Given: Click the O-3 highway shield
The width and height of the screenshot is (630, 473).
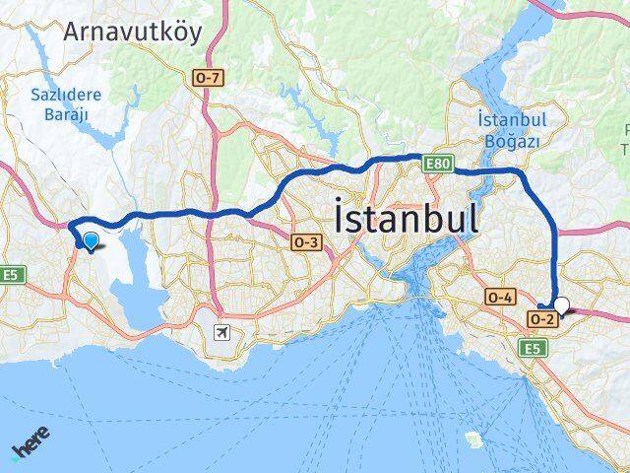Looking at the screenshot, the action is point(306,239).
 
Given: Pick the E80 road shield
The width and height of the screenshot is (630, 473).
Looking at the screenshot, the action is point(437,160).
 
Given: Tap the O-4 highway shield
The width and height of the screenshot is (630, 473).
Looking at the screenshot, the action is point(500,296).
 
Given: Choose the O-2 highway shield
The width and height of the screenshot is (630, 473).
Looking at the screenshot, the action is point(540,319).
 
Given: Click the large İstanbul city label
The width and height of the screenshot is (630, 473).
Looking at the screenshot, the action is point(408,218).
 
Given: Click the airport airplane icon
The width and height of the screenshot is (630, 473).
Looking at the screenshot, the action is point(224,332).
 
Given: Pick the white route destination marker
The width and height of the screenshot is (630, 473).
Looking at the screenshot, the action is point(562,306).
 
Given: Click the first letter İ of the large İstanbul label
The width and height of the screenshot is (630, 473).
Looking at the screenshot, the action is point(342,218).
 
